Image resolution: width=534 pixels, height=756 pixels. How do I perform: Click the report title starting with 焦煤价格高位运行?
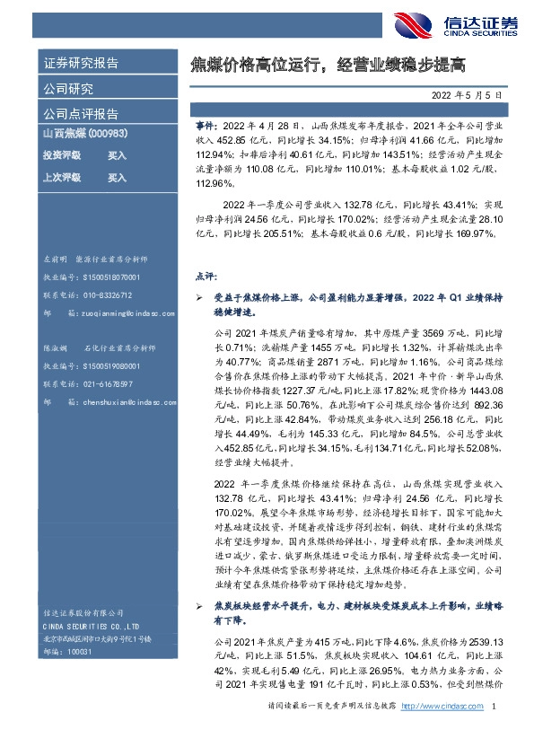329,64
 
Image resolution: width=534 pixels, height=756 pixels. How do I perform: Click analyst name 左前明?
57,259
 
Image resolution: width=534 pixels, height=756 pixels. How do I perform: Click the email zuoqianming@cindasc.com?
121,312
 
